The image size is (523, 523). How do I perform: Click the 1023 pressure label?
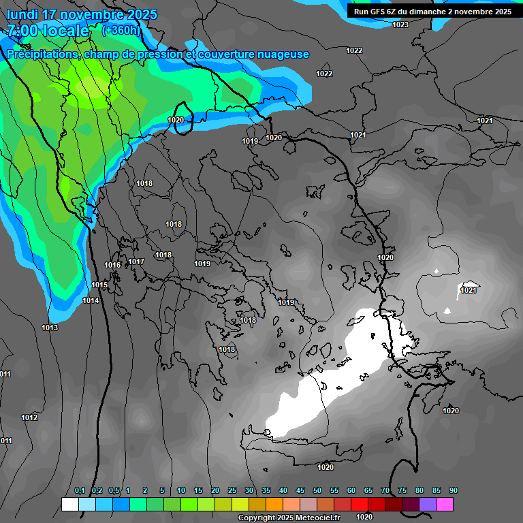pyautogui.click(x=400, y=25)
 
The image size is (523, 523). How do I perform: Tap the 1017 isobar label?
pyautogui.click(x=136, y=261)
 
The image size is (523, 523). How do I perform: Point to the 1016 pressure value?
pyautogui.click(x=112, y=265)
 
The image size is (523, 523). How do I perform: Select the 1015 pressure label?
pyautogui.click(x=99, y=285)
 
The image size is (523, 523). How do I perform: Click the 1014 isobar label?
pyautogui.click(x=91, y=300)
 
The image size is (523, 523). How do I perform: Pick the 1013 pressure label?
pyautogui.click(x=50, y=328)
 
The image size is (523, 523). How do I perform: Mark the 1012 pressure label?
pyautogui.click(x=29, y=417)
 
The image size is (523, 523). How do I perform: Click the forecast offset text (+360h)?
pyautogui.click(x=121, y=31)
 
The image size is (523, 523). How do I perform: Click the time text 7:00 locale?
pyautogui.click(x=48, y=31)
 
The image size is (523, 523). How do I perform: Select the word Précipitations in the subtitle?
pyautogui.click(x=42, y=54)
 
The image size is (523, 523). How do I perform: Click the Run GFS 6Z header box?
pyautogui.click(x=432, y=12)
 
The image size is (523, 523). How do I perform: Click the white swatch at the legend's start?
pyautogui.click(x=69, y=504)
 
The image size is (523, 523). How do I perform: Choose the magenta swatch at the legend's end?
pyautogui.click(x=445, y=504)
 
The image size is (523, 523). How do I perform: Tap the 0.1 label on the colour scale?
pyautogui.click(x=80, y=490)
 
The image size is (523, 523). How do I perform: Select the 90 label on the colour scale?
pyautogui.click(x=454, y=490)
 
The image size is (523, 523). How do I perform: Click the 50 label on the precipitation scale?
pyautogui.click(x=317, y=490)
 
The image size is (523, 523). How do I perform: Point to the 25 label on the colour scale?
pyautogui.click(x=232, y=490)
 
